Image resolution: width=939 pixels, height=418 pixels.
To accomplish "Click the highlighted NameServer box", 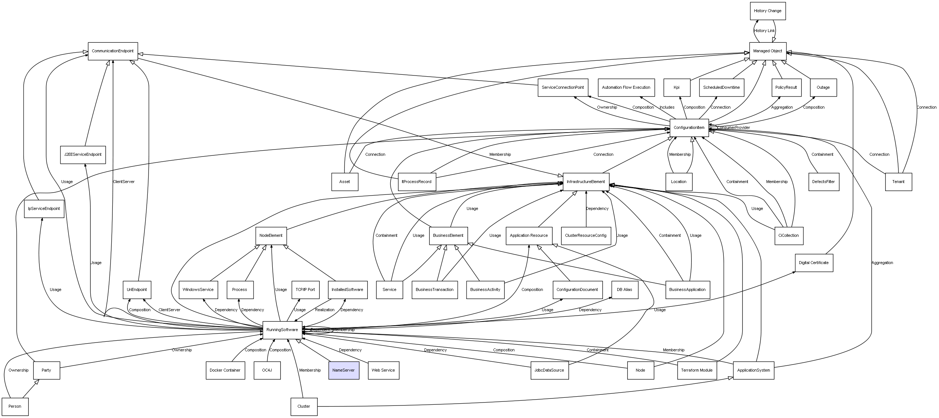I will click(x=343, y=370).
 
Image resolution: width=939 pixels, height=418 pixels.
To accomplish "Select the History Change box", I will click(x=768, y=11).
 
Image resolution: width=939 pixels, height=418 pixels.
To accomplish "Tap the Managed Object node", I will click(x=768, y=51).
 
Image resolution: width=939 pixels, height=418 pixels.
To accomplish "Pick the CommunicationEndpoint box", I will click(x=113, y=51).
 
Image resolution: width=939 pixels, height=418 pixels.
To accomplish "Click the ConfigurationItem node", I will click(x=689, y=128).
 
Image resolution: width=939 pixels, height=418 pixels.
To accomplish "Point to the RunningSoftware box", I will click(x=282, y=330).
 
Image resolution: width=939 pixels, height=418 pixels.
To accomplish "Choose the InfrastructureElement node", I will click(x=586, y=182).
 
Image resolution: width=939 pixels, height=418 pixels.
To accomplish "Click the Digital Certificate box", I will click(x=814, y=263).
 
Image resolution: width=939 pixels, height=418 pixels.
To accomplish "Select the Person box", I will click(x=15, y=407).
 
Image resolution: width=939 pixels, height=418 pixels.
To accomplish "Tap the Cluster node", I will click(x=304, y=407).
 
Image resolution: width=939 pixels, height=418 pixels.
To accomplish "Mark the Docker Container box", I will click(x=225, y=370).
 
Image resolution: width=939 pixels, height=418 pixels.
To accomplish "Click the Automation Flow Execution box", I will click(x=626, y=88).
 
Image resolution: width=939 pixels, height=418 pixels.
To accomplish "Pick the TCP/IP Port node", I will click(x=305, y=289).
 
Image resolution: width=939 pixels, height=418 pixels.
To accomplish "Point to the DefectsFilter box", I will click(x=823, y=182).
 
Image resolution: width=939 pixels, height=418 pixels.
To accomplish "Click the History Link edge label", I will click(x=764, y=31).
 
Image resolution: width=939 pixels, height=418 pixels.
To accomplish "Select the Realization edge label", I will click(x=325, y=310).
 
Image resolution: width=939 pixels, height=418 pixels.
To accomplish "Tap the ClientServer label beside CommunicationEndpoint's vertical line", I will click(x=123, y=182).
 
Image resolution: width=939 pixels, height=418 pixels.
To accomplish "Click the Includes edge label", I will click(x=667, y=108).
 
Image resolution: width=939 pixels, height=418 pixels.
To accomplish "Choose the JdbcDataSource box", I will click(x=549, y=370).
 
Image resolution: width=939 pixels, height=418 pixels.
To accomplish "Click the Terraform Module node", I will click(x=697, y=370).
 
